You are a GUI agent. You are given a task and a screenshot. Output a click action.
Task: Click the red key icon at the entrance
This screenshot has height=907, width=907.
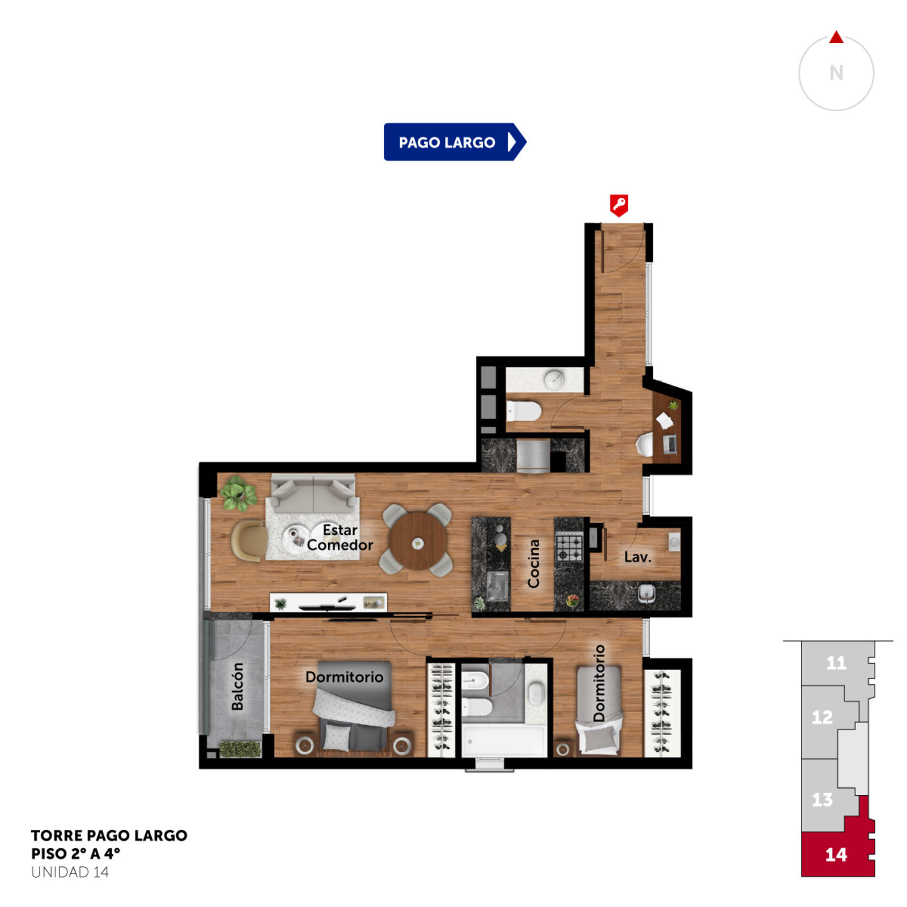[x=618, y=205]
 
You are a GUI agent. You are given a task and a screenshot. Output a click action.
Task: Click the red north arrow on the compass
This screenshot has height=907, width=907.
[x=836, y=37]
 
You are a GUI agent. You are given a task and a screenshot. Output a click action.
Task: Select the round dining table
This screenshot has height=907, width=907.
[x=418, y=541]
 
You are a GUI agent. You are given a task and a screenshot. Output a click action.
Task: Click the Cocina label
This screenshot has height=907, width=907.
[x=533, y=563]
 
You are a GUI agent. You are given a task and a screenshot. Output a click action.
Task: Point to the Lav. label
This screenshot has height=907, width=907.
[x=638, y=557]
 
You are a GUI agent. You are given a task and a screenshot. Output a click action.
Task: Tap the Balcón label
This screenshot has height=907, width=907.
[x=238, y=686]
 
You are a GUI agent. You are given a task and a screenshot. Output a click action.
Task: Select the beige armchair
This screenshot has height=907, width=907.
[x=249, y=541]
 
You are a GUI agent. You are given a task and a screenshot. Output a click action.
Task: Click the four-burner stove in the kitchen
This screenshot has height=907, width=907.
[x=569, y=546]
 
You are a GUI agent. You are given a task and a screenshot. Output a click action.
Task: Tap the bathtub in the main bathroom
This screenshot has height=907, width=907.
[x=503, y=739]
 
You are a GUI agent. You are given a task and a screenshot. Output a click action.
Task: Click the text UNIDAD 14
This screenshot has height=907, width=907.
[x=70, y=872]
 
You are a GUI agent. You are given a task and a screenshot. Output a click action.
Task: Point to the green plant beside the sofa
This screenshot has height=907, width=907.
[x=238, y=494]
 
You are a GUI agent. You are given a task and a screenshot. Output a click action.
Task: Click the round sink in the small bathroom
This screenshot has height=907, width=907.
[x=554, y=379]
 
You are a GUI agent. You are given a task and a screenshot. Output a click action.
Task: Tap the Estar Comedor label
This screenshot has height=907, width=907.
[x=340, y=537]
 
